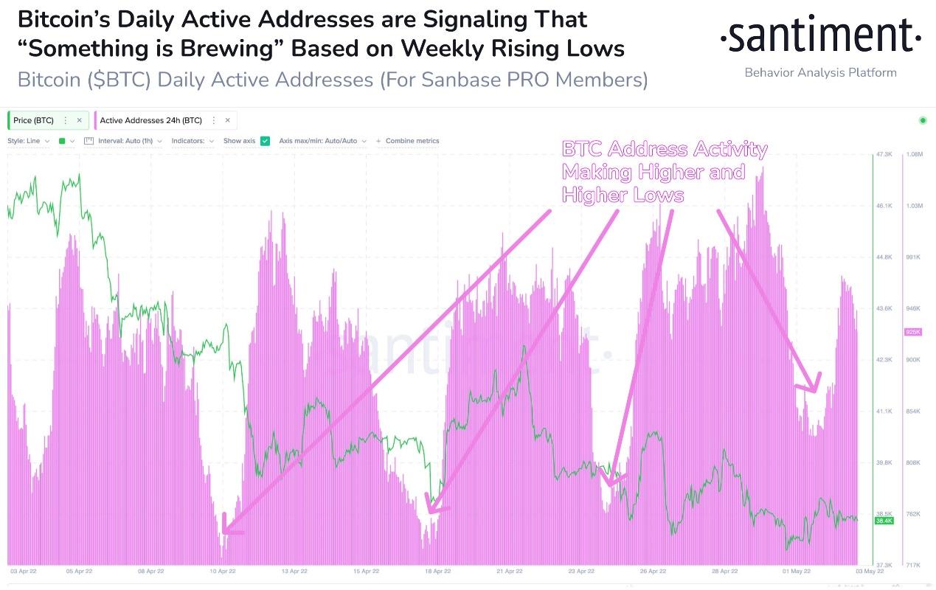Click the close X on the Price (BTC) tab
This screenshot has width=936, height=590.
click(x=79, y=120)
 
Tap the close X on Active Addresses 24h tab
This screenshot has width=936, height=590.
click(x=227, y=120)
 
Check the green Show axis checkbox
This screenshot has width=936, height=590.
click(x=266, y=141)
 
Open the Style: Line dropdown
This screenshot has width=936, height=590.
click(x=28, y=141)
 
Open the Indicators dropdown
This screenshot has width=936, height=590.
click(x=193, y=141)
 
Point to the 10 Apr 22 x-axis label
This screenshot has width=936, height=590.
click(x=222, y=571)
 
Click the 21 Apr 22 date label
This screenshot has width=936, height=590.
click(x=510, y=571)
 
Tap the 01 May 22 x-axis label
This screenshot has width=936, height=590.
click(x=797, y=571)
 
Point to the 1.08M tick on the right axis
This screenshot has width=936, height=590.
click(x=914, y=154)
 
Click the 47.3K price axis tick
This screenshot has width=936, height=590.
click(x=884, y=154)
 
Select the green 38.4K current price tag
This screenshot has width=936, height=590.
click(x=884, y=521)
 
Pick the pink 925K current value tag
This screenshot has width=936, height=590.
click(x=913, y=333)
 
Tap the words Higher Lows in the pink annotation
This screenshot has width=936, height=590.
click(x=623, y=195)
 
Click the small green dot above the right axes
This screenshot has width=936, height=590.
click(x=922, y=120)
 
